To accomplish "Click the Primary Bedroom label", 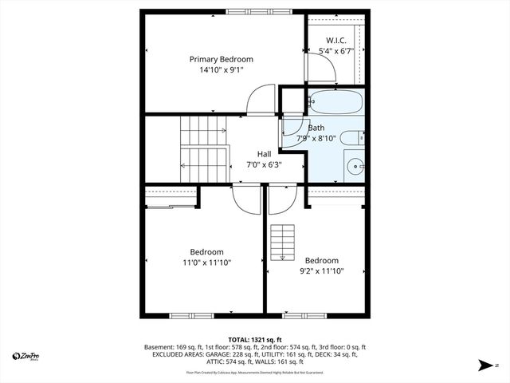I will point(221,59).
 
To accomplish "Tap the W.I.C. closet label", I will point(335,41).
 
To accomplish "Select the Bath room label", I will point(316,128).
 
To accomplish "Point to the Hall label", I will point(264,154).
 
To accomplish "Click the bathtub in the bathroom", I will point(335,103).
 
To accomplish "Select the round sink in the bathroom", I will point(355,168).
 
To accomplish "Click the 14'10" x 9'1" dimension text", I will point(221,70).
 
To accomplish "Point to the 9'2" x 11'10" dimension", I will point(321,271).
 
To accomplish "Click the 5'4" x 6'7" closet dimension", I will point(335,52).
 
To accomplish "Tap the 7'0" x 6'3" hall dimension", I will point(264,165).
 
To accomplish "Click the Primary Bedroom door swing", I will point(261,100).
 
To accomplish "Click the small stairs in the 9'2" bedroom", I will point(278,243).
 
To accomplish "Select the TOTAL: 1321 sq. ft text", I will point(255,340).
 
